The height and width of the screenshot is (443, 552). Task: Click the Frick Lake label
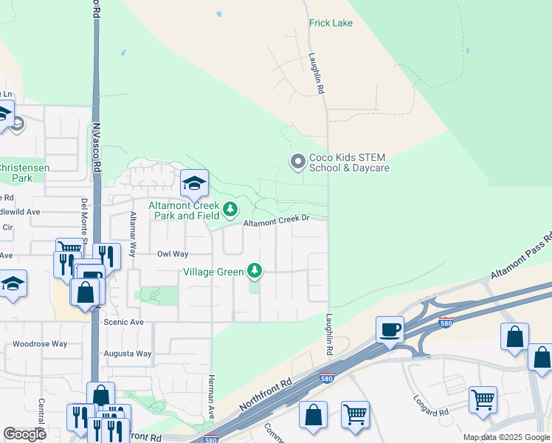pos(331,23)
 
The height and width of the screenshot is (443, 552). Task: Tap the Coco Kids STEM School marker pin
pos(297,161)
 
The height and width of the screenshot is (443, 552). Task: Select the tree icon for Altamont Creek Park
pos(231,210)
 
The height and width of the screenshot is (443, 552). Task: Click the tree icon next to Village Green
pos(255,271)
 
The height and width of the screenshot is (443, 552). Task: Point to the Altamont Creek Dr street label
pos(275,220)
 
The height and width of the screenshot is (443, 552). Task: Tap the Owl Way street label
pos(173,253)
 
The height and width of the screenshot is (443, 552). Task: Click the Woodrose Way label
pos(40,344)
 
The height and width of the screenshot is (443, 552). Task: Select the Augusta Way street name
pos(128,354)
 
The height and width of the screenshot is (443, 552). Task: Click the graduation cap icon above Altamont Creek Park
pos(194,182)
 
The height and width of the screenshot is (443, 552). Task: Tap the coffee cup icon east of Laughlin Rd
pos(389,329)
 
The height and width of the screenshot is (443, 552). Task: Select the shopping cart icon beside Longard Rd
pos(483,399)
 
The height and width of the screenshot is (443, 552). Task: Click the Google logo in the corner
pos(25,434)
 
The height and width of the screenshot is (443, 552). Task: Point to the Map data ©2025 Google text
pos(506,437)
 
